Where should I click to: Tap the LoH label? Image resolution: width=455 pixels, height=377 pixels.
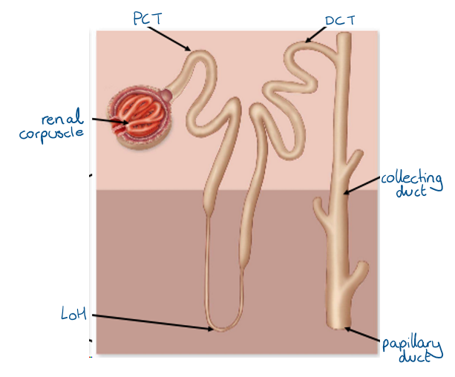pos(73,315)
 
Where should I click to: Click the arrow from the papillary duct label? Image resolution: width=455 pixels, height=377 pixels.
pos(364,335)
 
